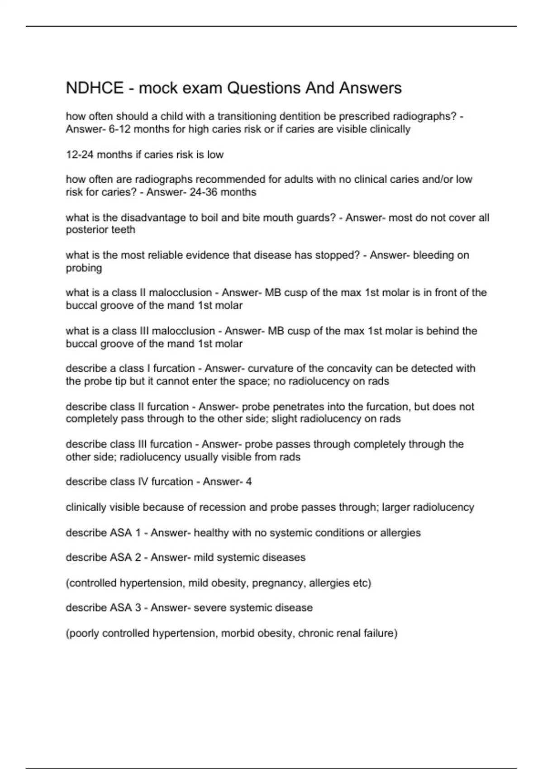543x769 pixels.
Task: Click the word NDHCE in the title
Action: pyautogui.click(x=95, y=88)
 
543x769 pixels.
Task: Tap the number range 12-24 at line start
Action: pyautogui.click(x=80, y=155)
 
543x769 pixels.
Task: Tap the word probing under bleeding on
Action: pyautogui.click(x=84, y=268)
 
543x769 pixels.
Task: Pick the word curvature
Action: pyautogui.click(x=271, y=368)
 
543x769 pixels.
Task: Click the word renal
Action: pyautogui.click(x=348, y=633)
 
